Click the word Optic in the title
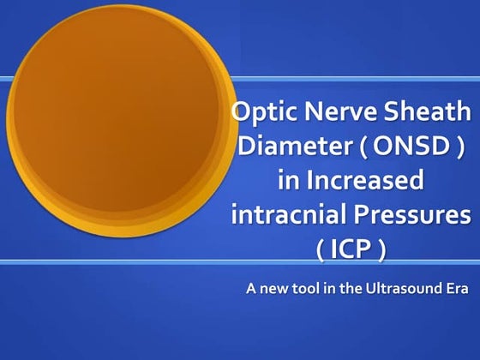[x=261, y=111]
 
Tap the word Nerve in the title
[x=330, y=111]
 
